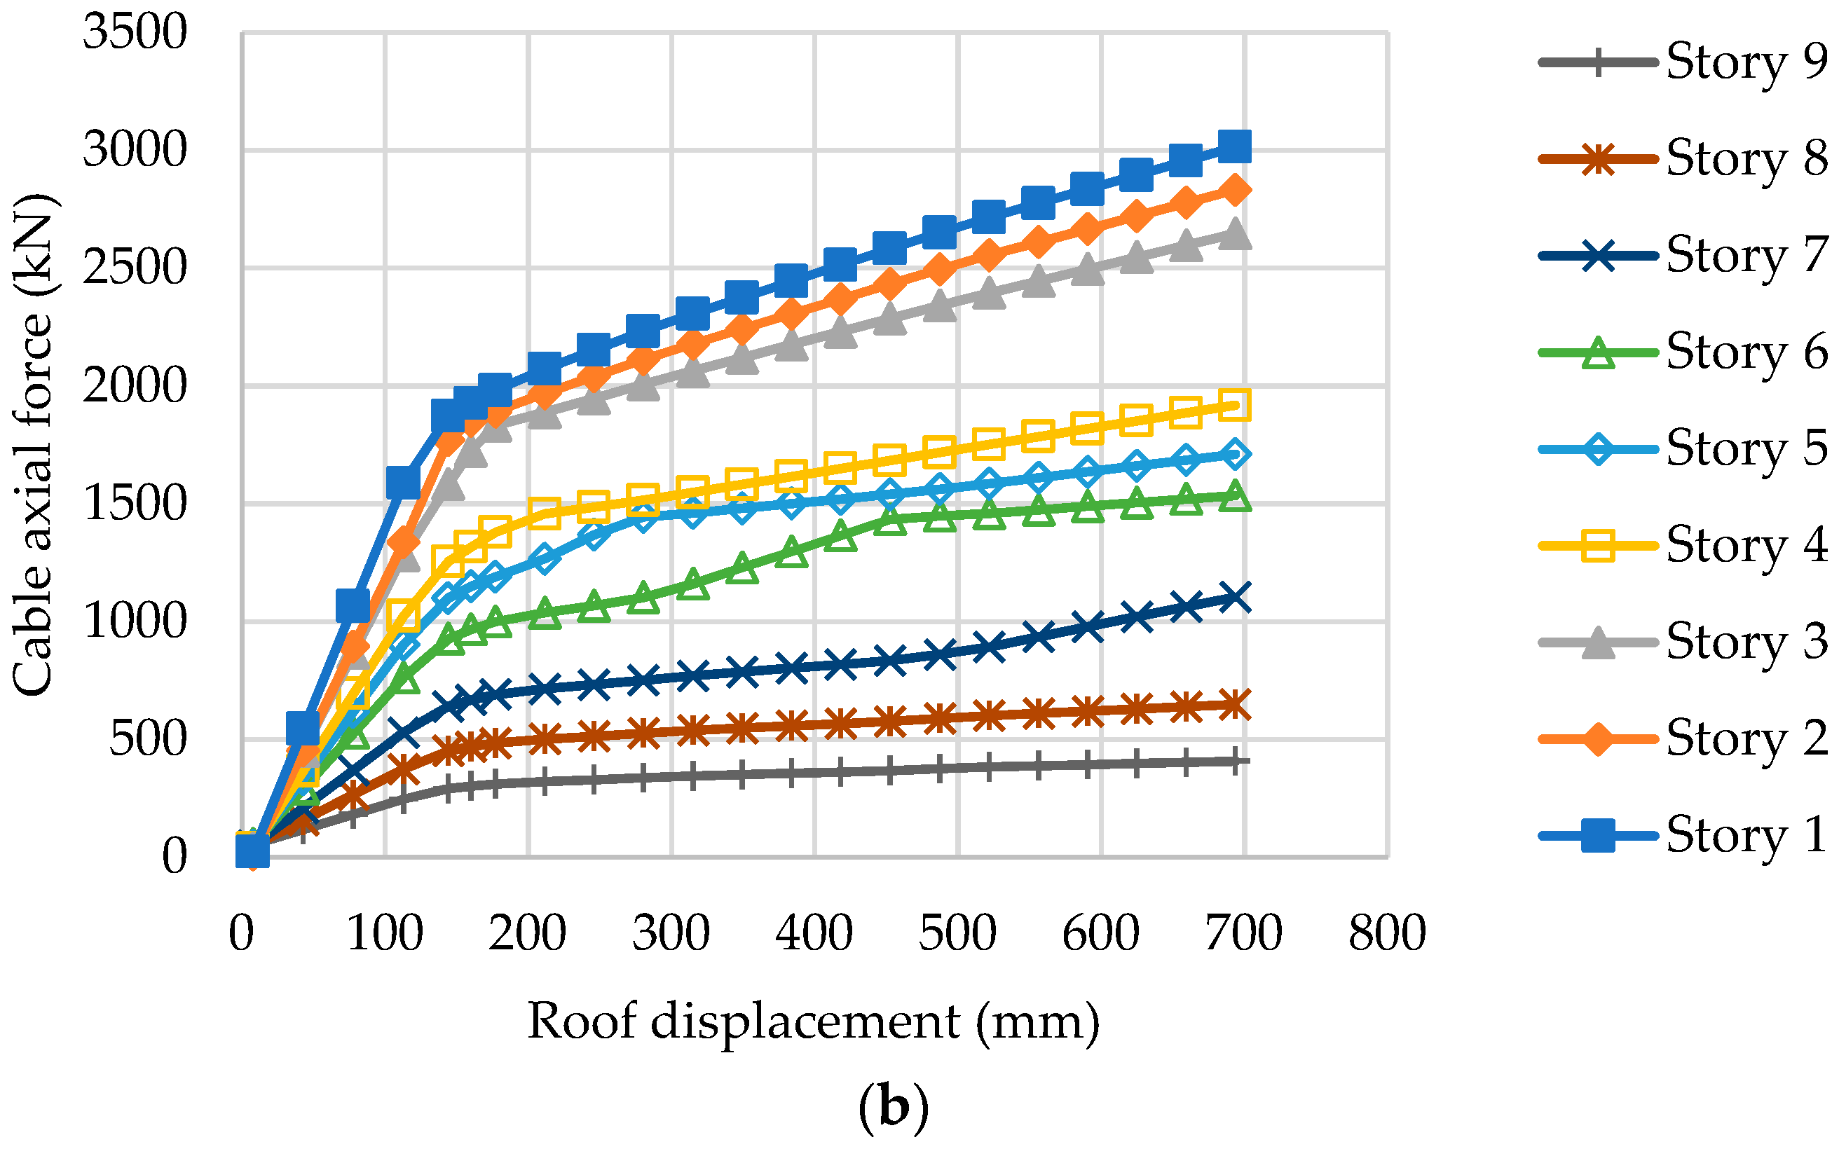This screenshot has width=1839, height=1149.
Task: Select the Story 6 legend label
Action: tap(1746, 352)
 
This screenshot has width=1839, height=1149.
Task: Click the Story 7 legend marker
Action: tap(1598, 255)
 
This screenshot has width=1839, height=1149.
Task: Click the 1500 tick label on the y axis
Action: tap(135, 504)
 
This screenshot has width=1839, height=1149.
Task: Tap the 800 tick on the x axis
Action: tap(1387, 933)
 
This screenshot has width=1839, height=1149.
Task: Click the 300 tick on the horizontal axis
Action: tap(671, 933)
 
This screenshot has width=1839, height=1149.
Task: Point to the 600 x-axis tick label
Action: tap(1100, 933)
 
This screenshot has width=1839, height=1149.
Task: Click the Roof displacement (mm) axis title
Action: tap(813, 1021)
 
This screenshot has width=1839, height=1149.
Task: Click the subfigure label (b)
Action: tap(893, 1108)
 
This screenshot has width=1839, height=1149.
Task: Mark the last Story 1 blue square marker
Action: tap(1235, 146)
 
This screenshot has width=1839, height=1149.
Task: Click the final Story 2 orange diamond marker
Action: tap(1235, 190)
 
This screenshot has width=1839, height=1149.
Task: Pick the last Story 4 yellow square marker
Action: tap(1235, 404)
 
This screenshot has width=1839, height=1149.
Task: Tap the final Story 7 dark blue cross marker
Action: tap(1235, 596)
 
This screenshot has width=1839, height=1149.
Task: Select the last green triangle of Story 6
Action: tap(1235, 496)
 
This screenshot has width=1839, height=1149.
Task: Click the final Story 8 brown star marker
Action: tap(1235, 703)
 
